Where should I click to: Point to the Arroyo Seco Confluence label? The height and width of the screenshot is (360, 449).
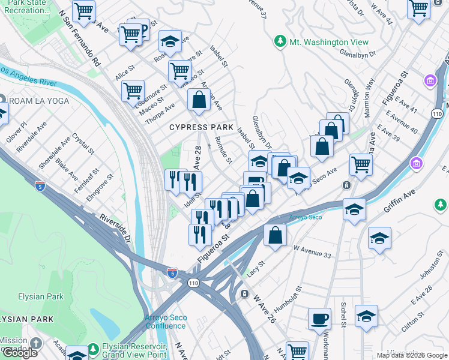pyautogui.click(x=165, y=322)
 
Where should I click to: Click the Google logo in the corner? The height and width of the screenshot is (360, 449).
pyautogui.click(x=20, y=353)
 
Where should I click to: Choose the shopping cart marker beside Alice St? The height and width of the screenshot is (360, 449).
pyautogui.click(x=133, y=91)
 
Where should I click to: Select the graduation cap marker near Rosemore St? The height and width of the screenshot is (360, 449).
pyautogui.click(x=170, y=41)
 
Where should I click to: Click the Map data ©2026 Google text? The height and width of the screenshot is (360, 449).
pyautogui.click(x=412, y=355)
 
